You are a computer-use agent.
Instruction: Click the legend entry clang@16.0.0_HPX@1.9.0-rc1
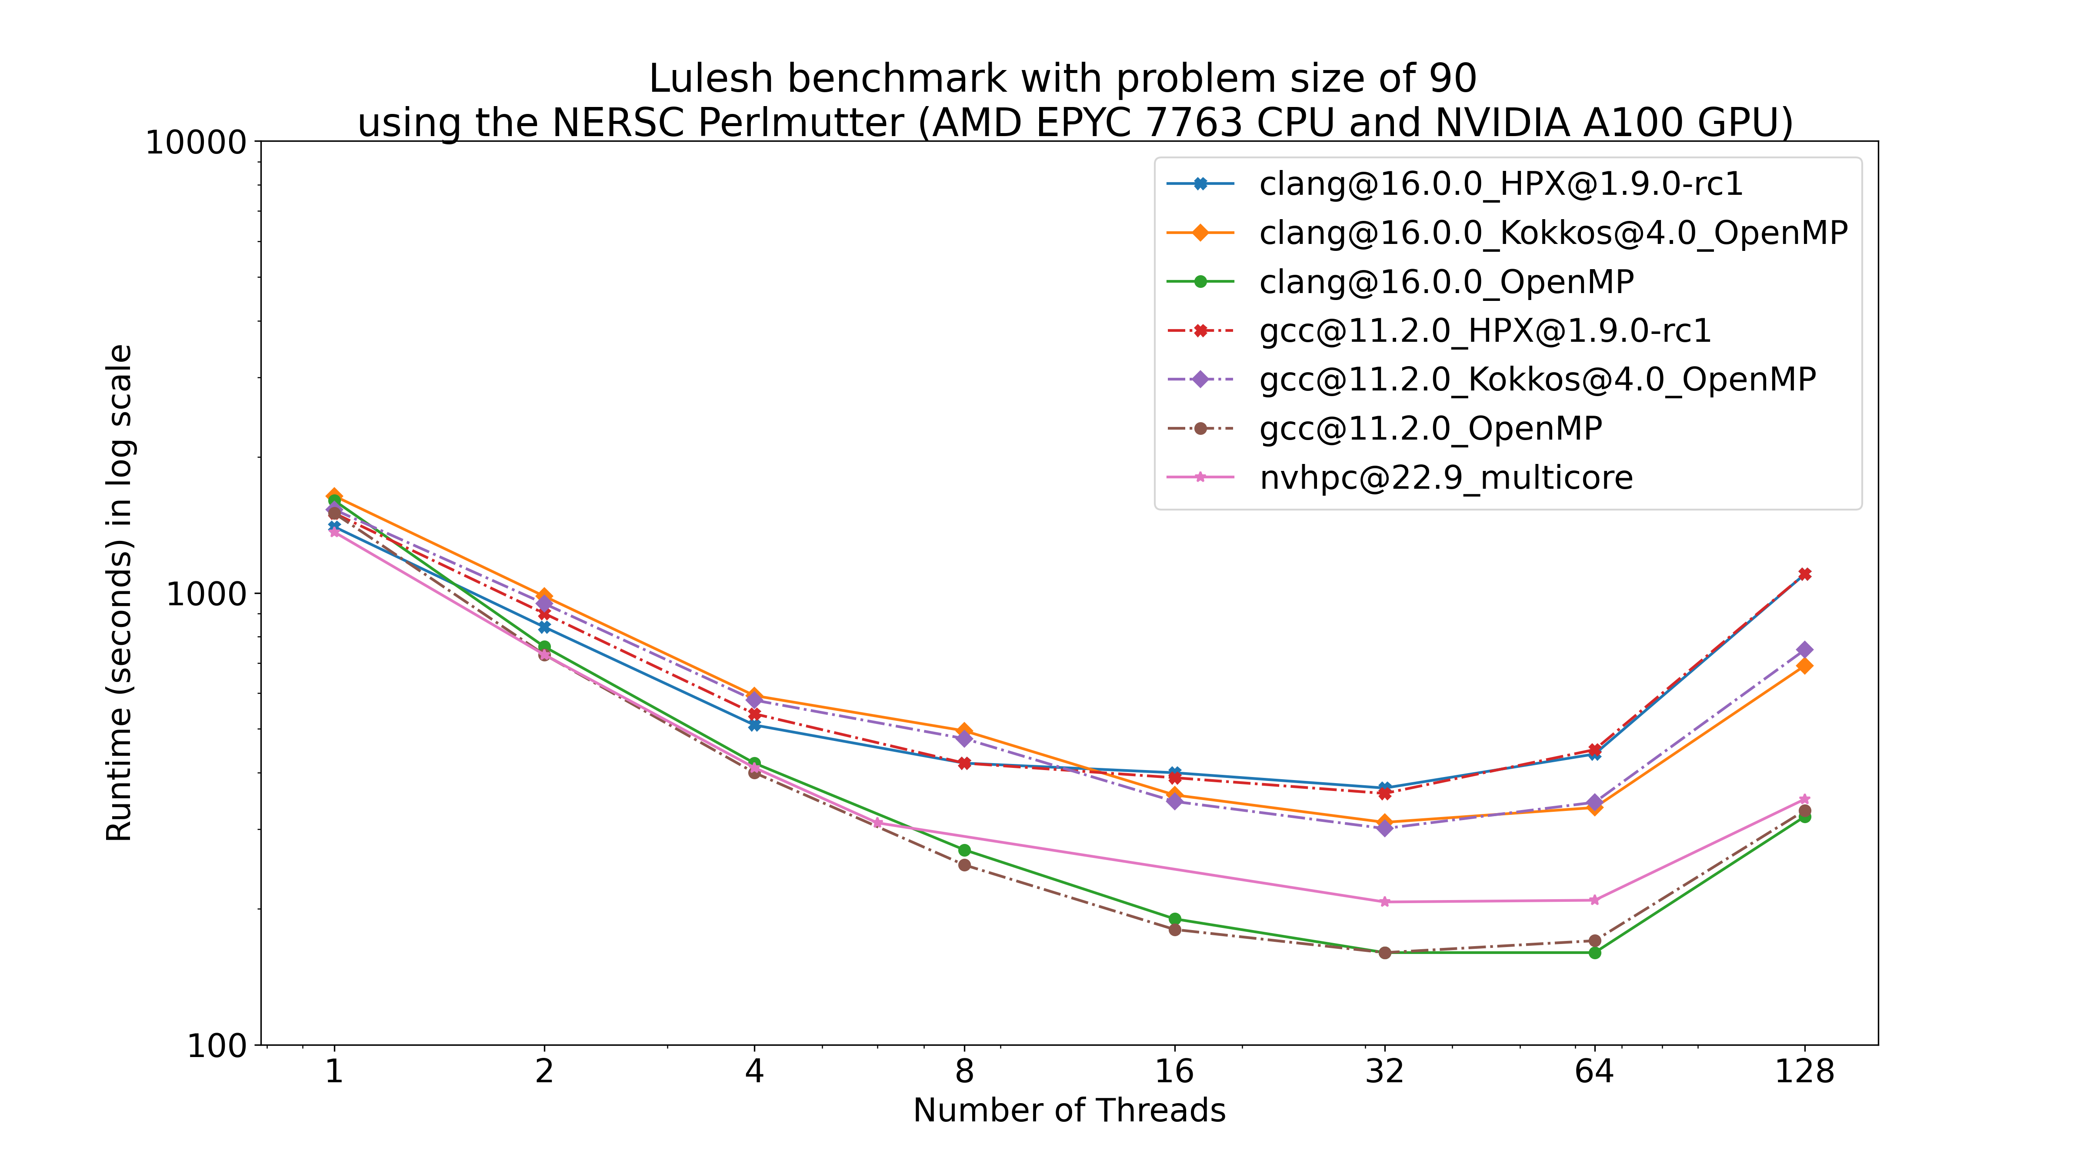pyautogui.click(x=1500, y=185)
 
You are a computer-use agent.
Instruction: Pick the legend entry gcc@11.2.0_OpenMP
pyautogui.click(x=1430, y=429)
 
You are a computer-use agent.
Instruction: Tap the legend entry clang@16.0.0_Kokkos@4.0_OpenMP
pyautogui.click(x=1552, y=233)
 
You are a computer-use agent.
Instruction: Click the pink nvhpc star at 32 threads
pyautogui.click(x=1384, y=902)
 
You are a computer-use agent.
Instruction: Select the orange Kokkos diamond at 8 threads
pyautogui.click(x=964, y=731)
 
